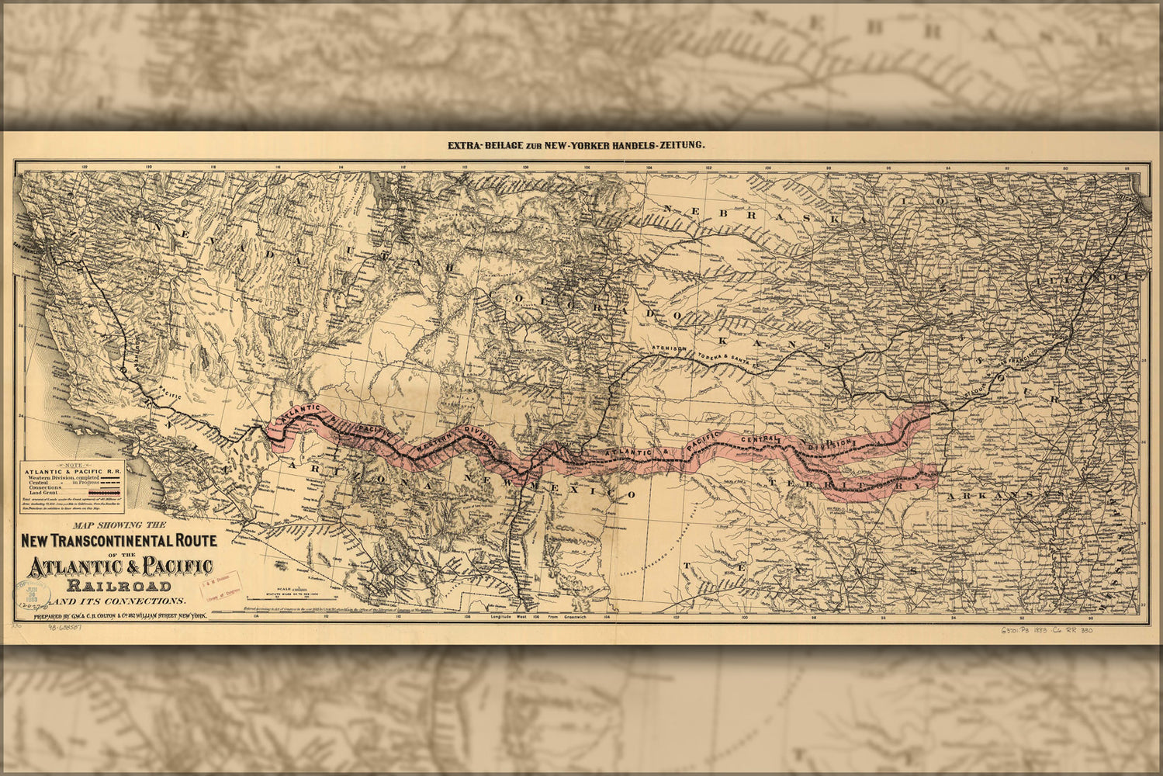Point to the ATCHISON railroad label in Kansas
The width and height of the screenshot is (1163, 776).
(x=668, y=349)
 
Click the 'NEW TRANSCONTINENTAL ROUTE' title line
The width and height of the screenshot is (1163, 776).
(x=119, y=540)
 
